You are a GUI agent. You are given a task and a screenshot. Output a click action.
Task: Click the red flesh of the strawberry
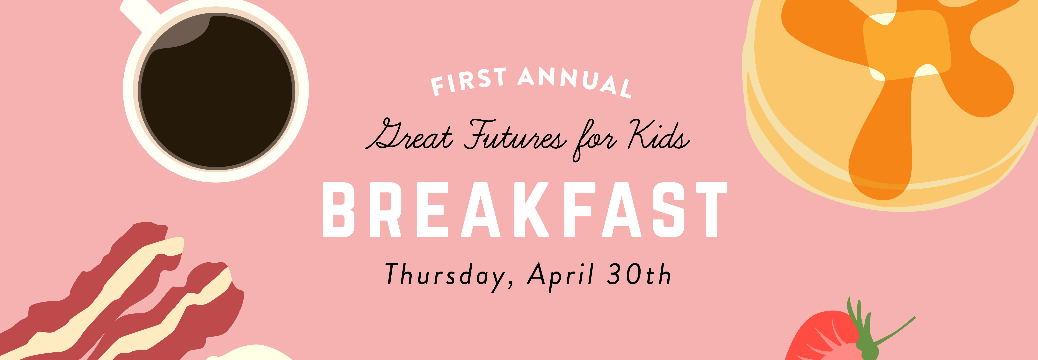pos(818,339)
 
